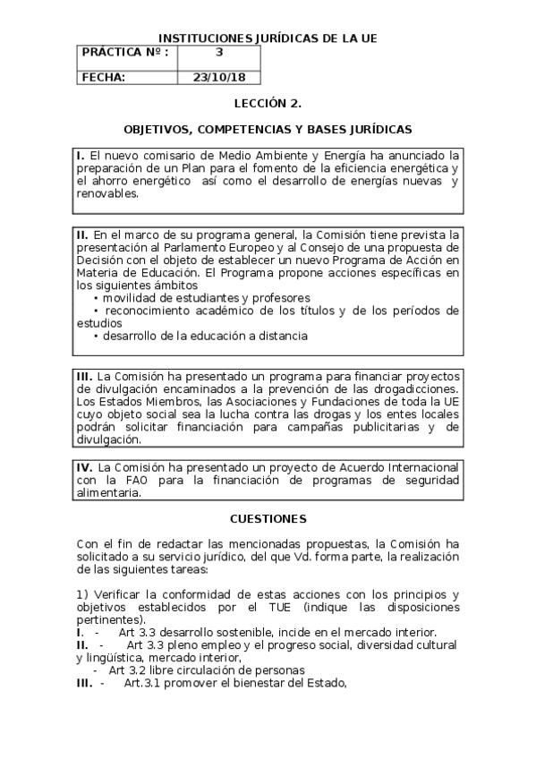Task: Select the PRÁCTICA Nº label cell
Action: [126, 53]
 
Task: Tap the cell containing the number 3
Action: [218, 53]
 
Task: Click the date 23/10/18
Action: [218, 77]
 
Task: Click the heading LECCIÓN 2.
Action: [268, 104]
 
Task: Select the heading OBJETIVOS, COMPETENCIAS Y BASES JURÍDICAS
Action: [268, 130]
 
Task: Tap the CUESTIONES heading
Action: [268, 519]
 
